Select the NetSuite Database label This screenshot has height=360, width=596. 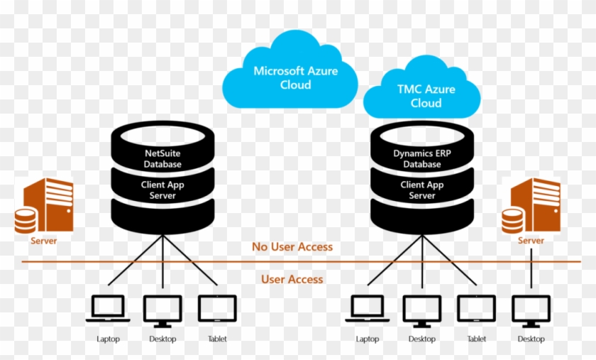(163, 158)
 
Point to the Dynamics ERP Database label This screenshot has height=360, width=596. (422, 158)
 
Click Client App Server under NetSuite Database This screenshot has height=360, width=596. (163, 190)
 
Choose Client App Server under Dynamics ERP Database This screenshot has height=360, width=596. (422, 190)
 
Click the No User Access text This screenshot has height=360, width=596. (292, 247)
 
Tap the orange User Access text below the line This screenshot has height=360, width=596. (292, 279)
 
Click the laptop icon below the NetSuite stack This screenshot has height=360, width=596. (108, 310)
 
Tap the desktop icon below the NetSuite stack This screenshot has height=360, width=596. (162, 310)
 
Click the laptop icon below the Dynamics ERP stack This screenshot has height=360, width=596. (368, 310)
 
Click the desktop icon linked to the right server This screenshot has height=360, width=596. (531, 310)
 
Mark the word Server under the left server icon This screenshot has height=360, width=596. (43, 241)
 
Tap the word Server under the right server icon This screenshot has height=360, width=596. (531, 241)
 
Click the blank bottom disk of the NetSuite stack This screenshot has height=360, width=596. (163, 217)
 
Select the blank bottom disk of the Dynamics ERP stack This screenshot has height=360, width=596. (422, 217)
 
